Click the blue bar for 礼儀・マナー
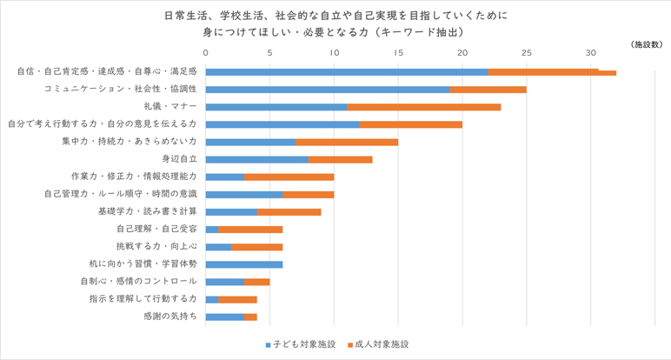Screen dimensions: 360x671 [x=276, y=106]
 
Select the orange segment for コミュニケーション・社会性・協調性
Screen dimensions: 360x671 [x=488, y=89]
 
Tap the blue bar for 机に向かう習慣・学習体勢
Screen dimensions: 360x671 [x=244, y=263]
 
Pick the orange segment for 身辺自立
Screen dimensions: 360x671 [x=341, y=159]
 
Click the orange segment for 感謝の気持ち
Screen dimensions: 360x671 [x=250, y=317]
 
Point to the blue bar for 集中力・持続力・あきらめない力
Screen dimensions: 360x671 [x=250, y=141]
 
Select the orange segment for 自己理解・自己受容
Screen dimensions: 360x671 [x=250, y=229]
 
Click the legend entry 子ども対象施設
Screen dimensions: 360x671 [x=300, y=344]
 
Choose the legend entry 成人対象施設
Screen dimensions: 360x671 [x=379, y=344]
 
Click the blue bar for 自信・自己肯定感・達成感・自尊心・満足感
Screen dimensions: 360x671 [x=346, y=71]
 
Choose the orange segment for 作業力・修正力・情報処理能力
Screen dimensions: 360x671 [x=289, y=177]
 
